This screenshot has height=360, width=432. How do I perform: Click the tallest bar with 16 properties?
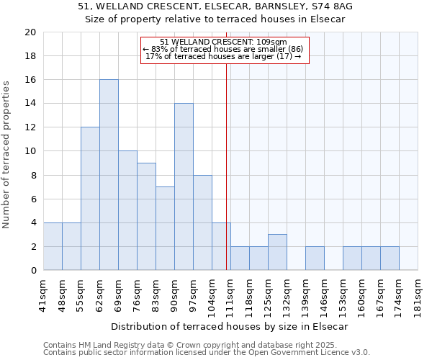(x=109, y=175)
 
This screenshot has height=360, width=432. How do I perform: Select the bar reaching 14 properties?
(x=184, y=187)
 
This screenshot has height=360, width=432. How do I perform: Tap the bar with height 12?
(x=90, y=199)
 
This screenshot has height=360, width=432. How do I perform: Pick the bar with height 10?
(x=127, y=211)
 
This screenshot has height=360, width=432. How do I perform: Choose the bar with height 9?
(x=146, y=217)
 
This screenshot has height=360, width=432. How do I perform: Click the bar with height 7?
(x=165, y=229)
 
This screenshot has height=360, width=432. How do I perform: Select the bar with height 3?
(x=277, y=253)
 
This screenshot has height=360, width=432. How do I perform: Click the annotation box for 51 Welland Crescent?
(x=224, y=49)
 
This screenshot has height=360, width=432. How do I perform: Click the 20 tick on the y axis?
(x=30, y=32)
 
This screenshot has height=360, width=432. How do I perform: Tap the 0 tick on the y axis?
(x=32, y=271)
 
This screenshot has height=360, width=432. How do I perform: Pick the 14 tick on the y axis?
(x=30, y=104)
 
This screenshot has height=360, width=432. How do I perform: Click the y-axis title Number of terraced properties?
(x=7, y=154)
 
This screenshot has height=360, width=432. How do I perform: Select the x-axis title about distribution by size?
(x=230, y=327)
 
